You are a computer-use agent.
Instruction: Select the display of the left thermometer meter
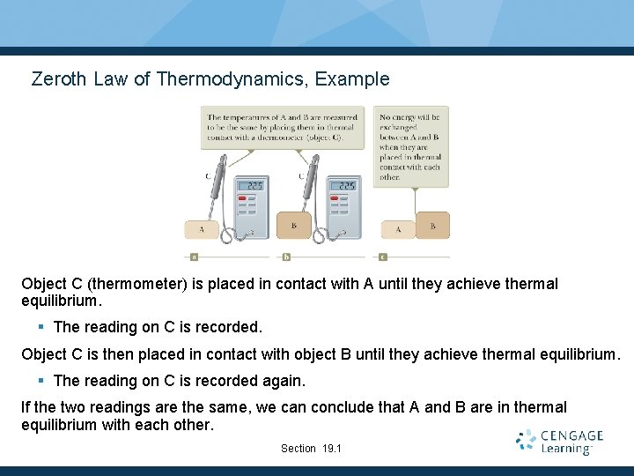pos(254,186)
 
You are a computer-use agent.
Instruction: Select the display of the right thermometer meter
pos(346,186)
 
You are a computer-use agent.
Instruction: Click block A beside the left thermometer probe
pos(202,229)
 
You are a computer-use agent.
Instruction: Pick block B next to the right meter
pos(293,226)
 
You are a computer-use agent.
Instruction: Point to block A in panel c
pos(398,229)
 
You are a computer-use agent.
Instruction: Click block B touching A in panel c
pos(432,226)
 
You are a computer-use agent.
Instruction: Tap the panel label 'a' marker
pos(194,257)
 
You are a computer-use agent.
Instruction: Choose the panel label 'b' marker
pos(286,257)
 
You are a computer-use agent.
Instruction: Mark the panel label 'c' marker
pos(382,257)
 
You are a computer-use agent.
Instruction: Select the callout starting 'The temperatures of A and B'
pos(282,127)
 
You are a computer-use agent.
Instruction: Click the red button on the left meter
pos(243,199)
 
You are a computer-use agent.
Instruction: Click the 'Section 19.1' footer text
pos(311,449)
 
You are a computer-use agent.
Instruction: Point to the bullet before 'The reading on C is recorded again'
pos(41,381)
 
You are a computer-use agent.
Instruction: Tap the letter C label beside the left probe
pos(209,176)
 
